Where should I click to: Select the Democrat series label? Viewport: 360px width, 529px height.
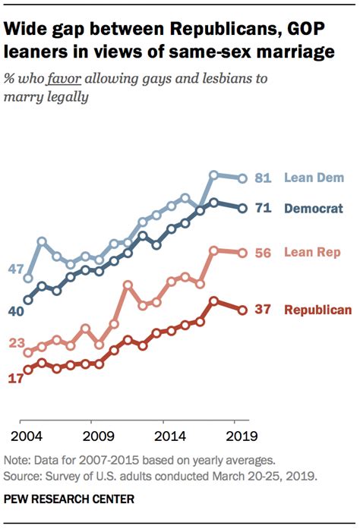point(314,208)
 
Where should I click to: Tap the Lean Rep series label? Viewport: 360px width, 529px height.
point(311,253)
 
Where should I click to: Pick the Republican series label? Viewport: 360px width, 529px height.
point(317,310)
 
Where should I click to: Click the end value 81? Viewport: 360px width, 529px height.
point(264,178)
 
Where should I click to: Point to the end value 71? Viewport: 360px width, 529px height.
point(264,208)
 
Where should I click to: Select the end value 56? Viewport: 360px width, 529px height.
point(264,253)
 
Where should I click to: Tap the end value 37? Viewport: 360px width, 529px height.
point(264,310)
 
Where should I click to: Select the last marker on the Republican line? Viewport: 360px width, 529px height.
point(242,310)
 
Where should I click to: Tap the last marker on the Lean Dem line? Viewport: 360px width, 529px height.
point(242,178)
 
